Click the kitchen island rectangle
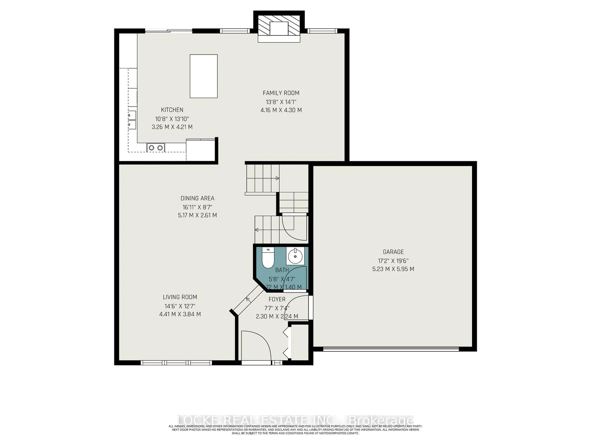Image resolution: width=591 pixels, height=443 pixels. point(204,76)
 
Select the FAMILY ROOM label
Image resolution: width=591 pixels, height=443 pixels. point(281,93)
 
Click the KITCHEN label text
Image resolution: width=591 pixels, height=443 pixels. point(172,110)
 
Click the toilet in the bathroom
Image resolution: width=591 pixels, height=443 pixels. point(268,258)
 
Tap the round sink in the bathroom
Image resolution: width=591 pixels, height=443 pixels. point(295,256)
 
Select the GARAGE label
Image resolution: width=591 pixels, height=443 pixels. point(393,252)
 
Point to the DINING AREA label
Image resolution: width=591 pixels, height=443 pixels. point(197,198)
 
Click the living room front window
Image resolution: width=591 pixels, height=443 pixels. point(176,363)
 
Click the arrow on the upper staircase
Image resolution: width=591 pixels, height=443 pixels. point(277,178)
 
